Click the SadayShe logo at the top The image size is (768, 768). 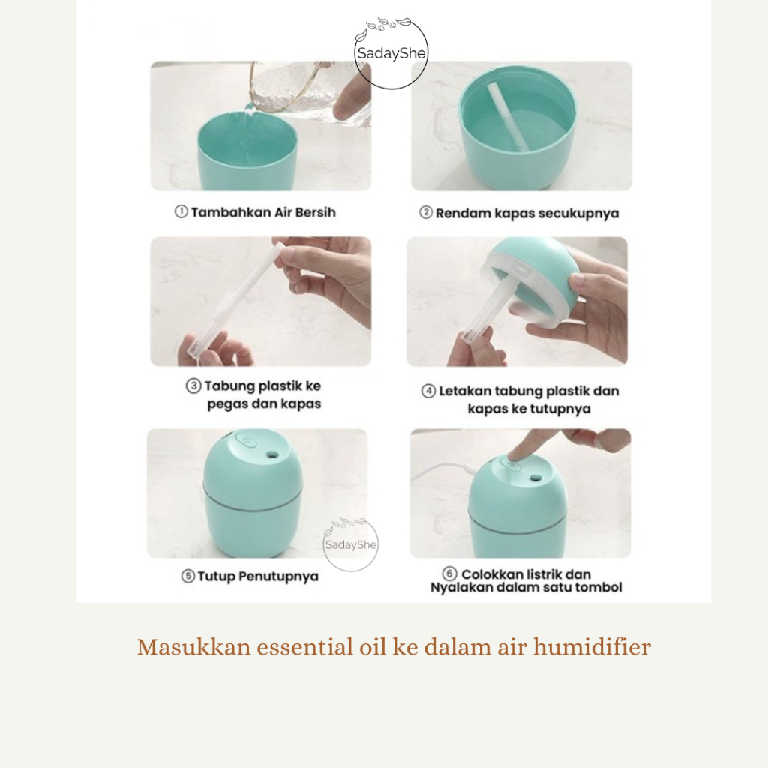pyautogui.click(x=391, y=53)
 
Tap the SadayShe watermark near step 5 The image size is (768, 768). pyautogui.click(x=351, y=544)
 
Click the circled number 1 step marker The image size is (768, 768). pyautogui.click(x=181, y=211)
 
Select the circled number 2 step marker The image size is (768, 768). pyautogui.click(x=426, y=212)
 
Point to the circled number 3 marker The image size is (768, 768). pyautogui.click(x=193, y=385)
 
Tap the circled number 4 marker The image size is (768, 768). pyautogui.click(x=428, y=391)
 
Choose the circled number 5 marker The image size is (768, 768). pyautogui.click(x=188, y=576)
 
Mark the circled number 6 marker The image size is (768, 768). pyautogui.click(x=449, y=574)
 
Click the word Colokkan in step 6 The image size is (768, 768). pyautogui.click(x=492, y=574)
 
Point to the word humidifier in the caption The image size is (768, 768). pyautogui.click(x=592, y=647)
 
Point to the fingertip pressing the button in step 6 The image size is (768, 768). pyautogui.click(x=512, y=457)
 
